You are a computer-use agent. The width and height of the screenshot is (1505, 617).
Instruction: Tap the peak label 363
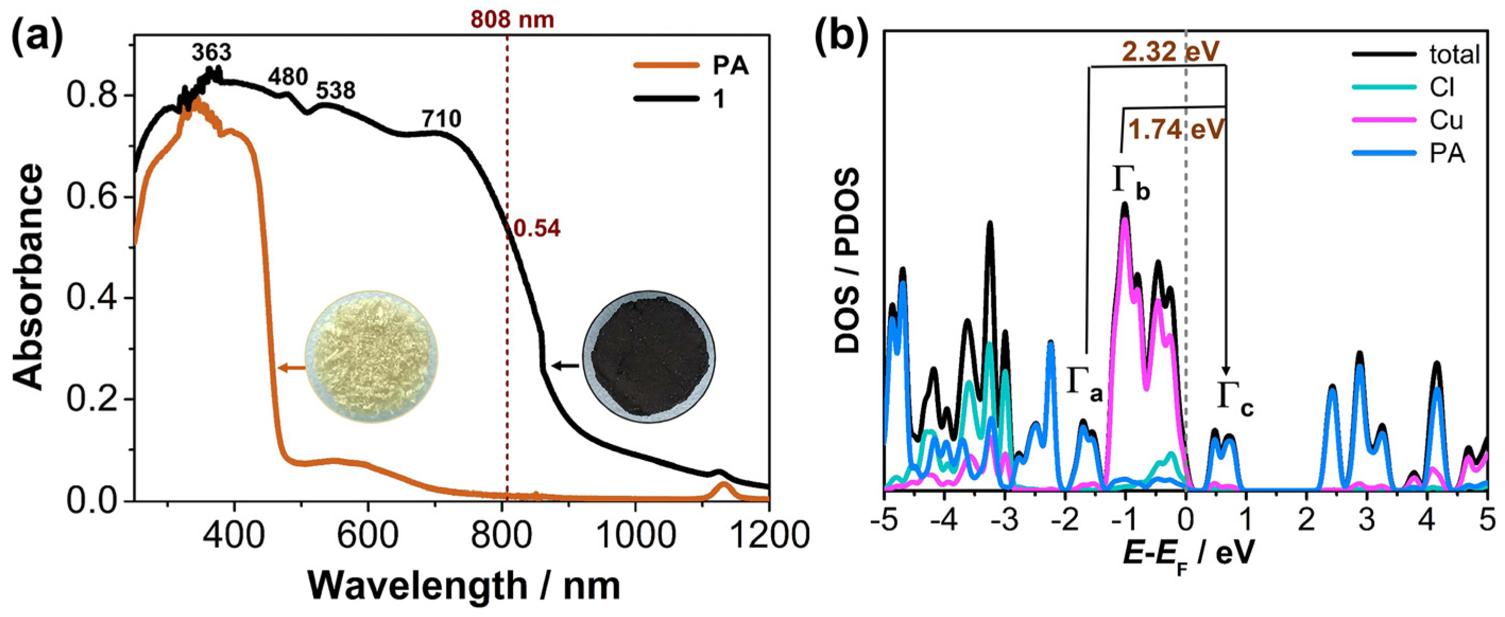point(211,53)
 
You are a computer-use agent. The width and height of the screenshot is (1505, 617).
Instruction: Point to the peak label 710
point(441,119)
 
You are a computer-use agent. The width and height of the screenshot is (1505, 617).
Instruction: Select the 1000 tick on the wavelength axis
point(635,534)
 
